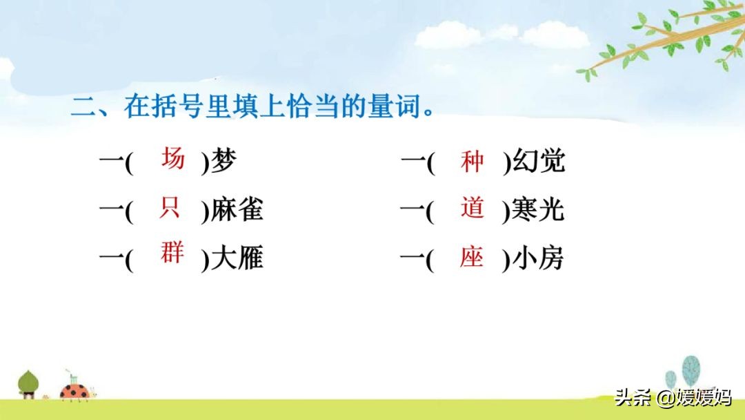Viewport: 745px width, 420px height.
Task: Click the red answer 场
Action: click(x=173, y=158)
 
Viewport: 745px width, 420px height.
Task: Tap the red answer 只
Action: click(x=170, y=207)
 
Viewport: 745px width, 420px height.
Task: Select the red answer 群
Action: click(x=172, y=252)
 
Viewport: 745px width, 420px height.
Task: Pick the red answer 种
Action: click(x=472, y=161)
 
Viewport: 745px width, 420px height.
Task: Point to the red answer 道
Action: click(x=472, y=208)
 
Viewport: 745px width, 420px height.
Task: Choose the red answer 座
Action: click(x=471, y=257)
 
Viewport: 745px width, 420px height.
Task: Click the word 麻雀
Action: click(x=237, y=209)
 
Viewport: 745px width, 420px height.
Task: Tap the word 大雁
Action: click(x=237, y=258)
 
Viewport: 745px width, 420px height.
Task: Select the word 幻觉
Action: click(x=539, y=161)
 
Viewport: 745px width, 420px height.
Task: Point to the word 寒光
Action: click(x=538, y=209)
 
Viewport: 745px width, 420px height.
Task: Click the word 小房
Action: click(x=538, y=258)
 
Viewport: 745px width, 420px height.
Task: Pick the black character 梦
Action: click(x=223, y=161)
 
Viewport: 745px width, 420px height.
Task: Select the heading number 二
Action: click(x=83, y=106)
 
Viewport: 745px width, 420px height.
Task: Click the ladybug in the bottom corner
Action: click(x=76, y=391)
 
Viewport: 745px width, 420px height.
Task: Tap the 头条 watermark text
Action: click(x=633, y=397)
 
